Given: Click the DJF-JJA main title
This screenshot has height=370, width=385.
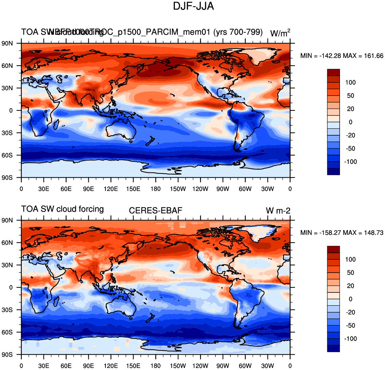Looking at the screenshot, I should point(193,6).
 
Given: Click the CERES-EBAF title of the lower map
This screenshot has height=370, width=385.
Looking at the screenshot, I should point(156,210).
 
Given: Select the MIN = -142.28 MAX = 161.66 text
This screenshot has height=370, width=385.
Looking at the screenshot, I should point(342,56).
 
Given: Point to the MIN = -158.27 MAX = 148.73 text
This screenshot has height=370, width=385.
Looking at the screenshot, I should point(342,233).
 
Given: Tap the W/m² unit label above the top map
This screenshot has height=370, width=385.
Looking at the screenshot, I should point(280,33).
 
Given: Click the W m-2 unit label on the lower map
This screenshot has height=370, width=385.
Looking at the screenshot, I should point(278,211).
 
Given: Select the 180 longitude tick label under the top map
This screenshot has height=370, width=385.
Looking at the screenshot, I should point(156,189).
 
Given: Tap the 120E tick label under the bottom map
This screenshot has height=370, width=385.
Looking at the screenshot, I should point(111,366).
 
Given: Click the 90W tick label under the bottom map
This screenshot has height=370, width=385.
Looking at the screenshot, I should point(223,366).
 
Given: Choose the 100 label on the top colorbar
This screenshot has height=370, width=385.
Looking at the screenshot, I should point(351,82).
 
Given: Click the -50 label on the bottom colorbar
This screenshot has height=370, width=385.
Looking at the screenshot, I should point(351,326).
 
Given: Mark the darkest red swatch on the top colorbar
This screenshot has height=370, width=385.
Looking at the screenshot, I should point(333,72).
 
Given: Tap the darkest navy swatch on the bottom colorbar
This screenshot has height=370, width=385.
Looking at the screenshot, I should point(333,348).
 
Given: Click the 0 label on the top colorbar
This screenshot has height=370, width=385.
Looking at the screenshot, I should point(350,122).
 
